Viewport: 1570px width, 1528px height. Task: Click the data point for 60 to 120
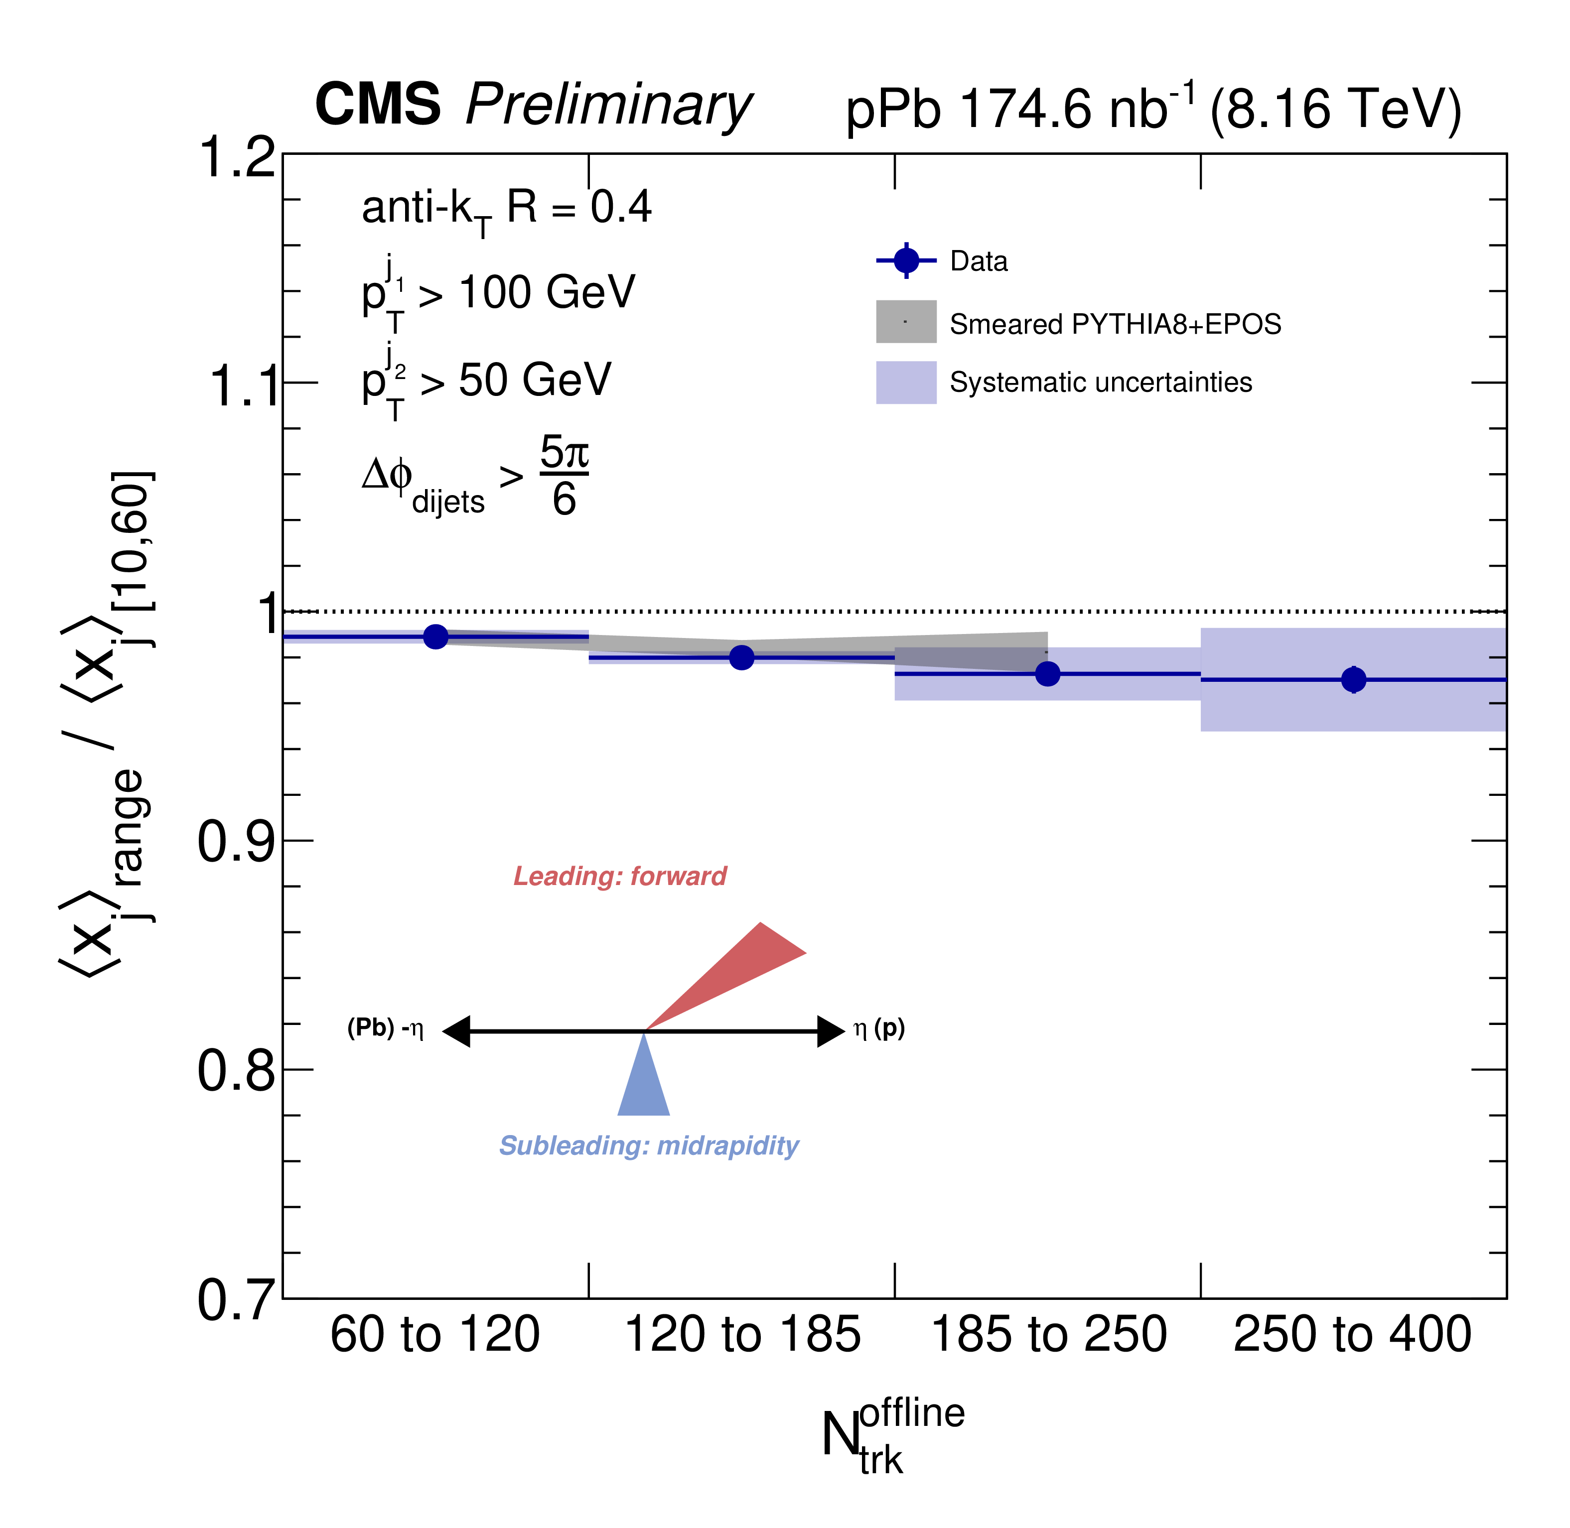pyautogui.click(x=435, y=637)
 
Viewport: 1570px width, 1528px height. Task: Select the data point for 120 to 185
pyautogui.click(x=742, y=657)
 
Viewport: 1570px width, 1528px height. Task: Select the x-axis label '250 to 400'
pyautogui.click(x=1352, y=1334)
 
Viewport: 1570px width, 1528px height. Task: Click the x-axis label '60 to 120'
pyautogui.click(x=435, y=1334)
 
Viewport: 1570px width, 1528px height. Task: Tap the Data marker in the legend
pyautogui.click(x=906, y=261)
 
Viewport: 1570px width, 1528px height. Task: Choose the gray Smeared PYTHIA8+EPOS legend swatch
pyautogui.click(x=906, y=322)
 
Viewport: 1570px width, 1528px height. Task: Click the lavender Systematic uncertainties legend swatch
pyautogui.click(x=906, y=382)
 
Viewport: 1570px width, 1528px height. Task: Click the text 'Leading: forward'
pyautogui.click(x=620, y=877)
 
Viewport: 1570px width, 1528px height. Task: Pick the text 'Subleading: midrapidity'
pyautogui.click(x=649, y=1145)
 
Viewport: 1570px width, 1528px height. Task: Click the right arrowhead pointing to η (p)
pyautogui.click(x=831, y=1031)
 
